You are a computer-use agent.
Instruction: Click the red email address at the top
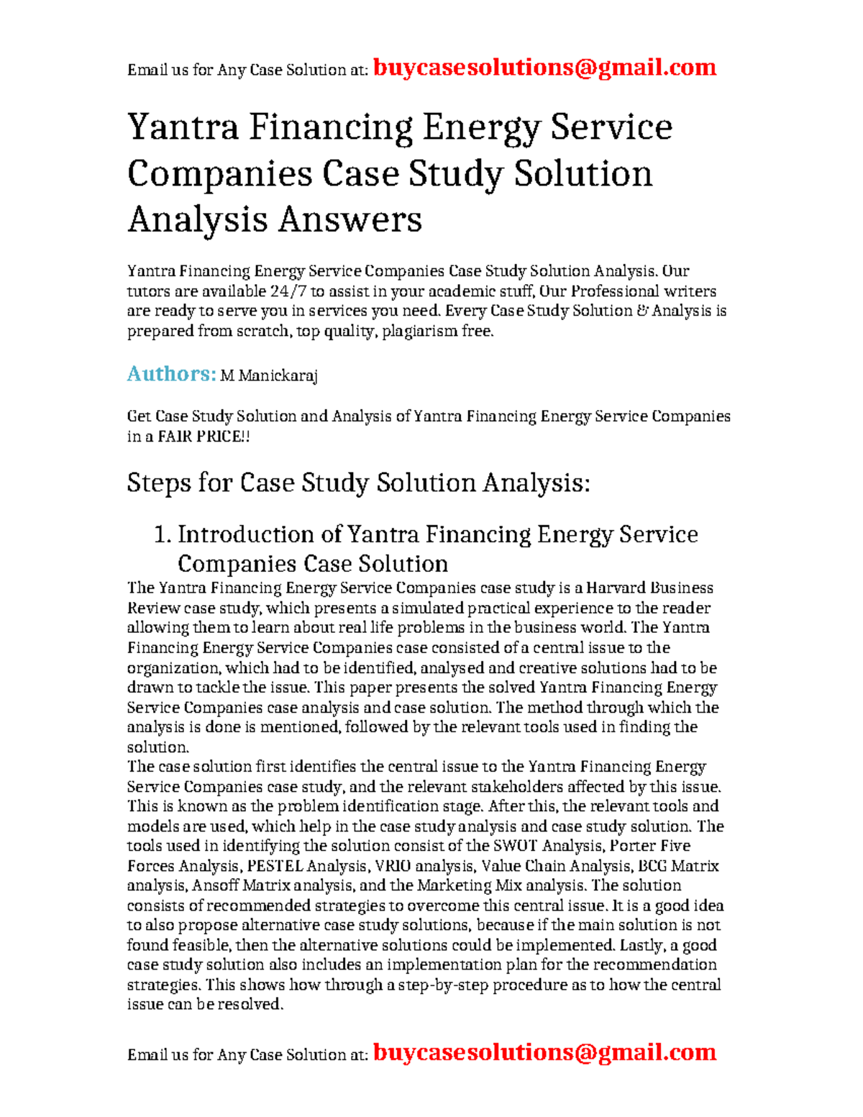tap(544, 68)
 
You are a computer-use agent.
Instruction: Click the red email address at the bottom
tap(544, 1052)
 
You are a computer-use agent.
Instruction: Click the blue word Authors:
tap(171, 374)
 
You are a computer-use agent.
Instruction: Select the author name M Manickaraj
tap(269, 375)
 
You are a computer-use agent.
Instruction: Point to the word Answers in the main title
tap(350, 219)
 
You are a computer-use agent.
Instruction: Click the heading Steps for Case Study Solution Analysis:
tap(358, 483)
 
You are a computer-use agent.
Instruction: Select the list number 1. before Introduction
tap(163, 534)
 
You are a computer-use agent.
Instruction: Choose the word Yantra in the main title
tap(183, 128)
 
